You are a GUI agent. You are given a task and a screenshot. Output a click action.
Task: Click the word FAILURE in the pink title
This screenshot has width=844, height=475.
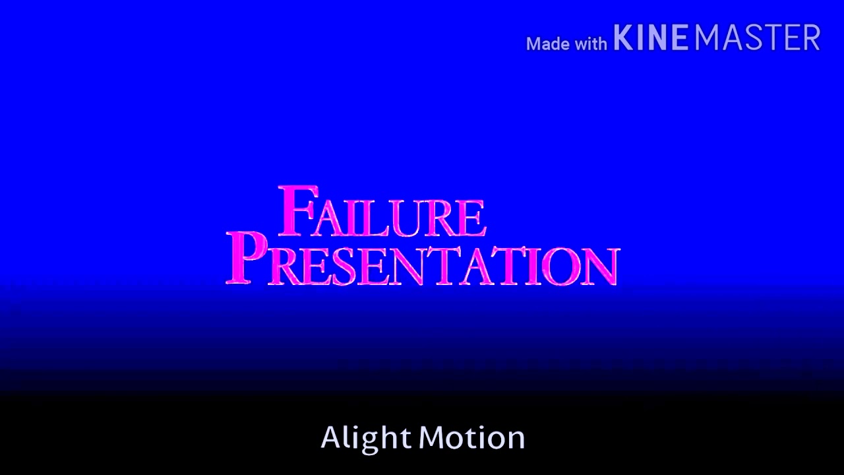[x=382, y=212]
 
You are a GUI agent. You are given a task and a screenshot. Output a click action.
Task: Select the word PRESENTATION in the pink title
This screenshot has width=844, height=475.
[x=422, y=261]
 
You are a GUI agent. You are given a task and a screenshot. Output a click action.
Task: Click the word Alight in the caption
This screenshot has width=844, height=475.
[x=366, y=438]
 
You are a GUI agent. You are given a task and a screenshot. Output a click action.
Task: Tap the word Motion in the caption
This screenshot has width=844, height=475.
[x=472, y=438]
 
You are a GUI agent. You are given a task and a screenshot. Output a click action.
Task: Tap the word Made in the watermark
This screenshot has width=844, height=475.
[x=547, y=44]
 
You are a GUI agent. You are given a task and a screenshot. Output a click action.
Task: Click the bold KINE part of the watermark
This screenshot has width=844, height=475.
[x=651, y=38]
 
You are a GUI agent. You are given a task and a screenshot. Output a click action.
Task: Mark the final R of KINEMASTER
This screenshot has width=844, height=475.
[x=811, y=38]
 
